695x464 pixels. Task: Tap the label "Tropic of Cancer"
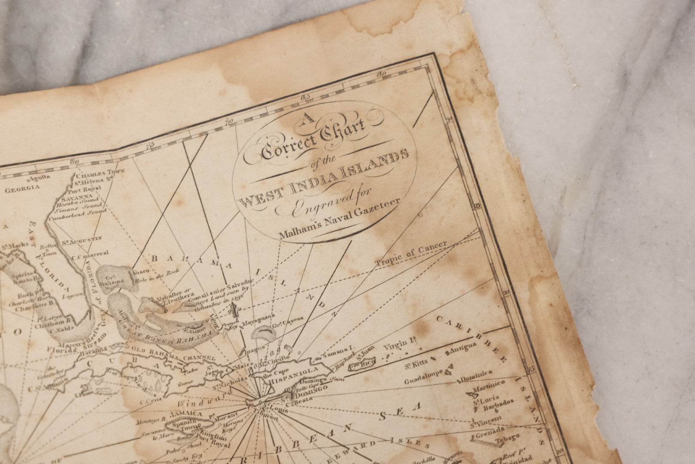(x=412, y=253)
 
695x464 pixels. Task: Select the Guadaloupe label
(x=423, y=375)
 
